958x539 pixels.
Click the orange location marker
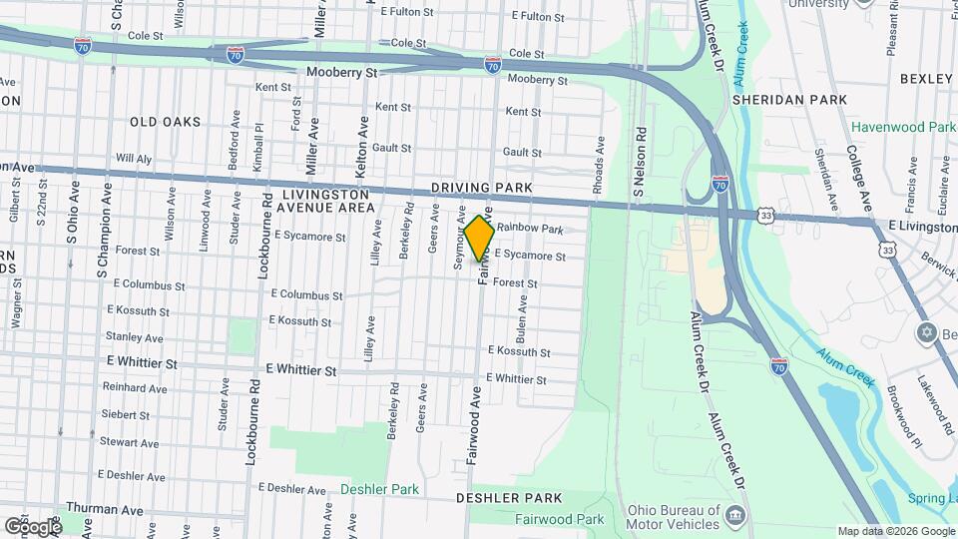479,238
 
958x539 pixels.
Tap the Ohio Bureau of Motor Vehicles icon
735,515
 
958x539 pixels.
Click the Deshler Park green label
379,489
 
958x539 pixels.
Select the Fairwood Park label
560,519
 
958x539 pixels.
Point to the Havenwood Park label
903,127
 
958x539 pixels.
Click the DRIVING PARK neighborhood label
483,188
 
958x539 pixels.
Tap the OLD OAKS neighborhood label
165,122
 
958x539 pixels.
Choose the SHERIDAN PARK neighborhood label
789,100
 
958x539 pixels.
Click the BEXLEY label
927,78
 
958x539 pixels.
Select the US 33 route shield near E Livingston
765,215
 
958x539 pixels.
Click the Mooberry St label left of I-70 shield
341,73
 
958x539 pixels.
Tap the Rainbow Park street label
530,229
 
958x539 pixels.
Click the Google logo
32,526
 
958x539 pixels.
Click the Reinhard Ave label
135,388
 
